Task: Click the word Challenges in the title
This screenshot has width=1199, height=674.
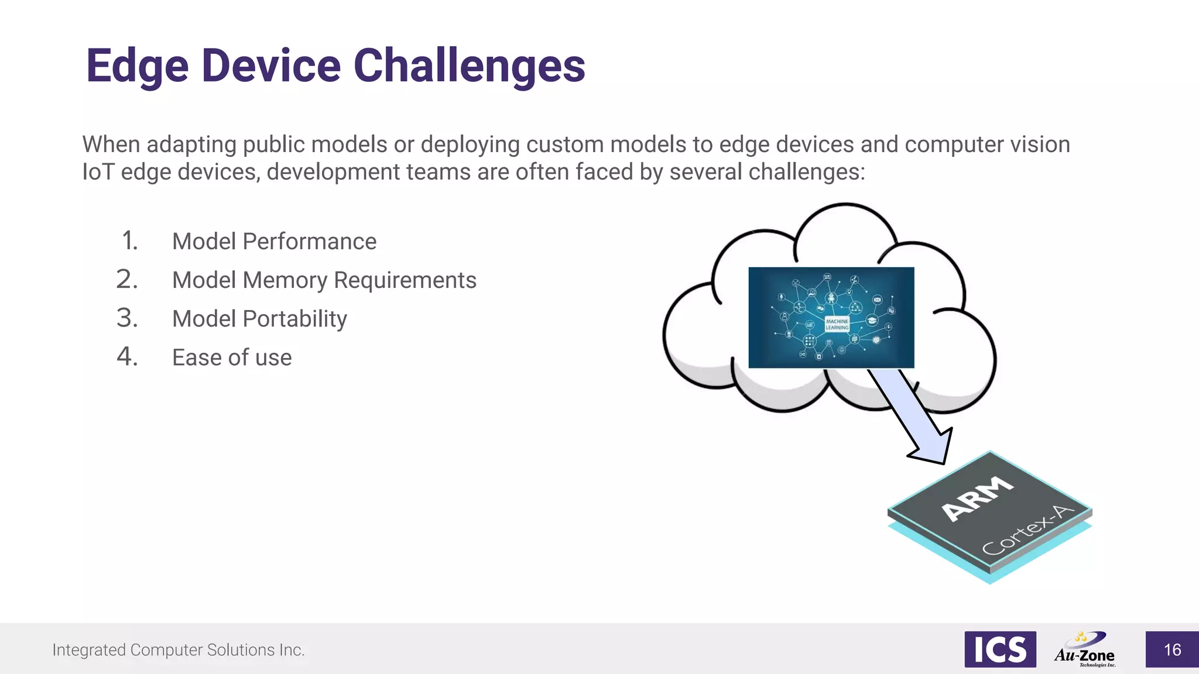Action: point(469,66)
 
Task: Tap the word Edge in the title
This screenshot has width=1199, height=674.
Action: point(137,66)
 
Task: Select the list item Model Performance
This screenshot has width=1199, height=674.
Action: point(274,242)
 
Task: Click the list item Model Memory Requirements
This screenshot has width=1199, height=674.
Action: point(324,280)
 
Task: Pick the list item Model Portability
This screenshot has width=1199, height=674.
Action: point(259,319)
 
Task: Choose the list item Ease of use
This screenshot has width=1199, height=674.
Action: point(232,357)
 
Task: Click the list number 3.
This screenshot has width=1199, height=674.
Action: point(127,318)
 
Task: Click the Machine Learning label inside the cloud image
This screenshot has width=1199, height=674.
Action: point(837,324)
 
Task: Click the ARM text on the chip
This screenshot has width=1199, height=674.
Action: point(977,498)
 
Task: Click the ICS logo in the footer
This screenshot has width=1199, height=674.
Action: point(1000,649)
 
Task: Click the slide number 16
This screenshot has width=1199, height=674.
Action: point(1172,650)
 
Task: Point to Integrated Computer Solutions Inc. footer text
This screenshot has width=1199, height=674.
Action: point(179,650)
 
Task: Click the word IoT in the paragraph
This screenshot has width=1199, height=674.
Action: point(98,172)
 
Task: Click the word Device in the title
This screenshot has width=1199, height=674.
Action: point(271,66)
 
